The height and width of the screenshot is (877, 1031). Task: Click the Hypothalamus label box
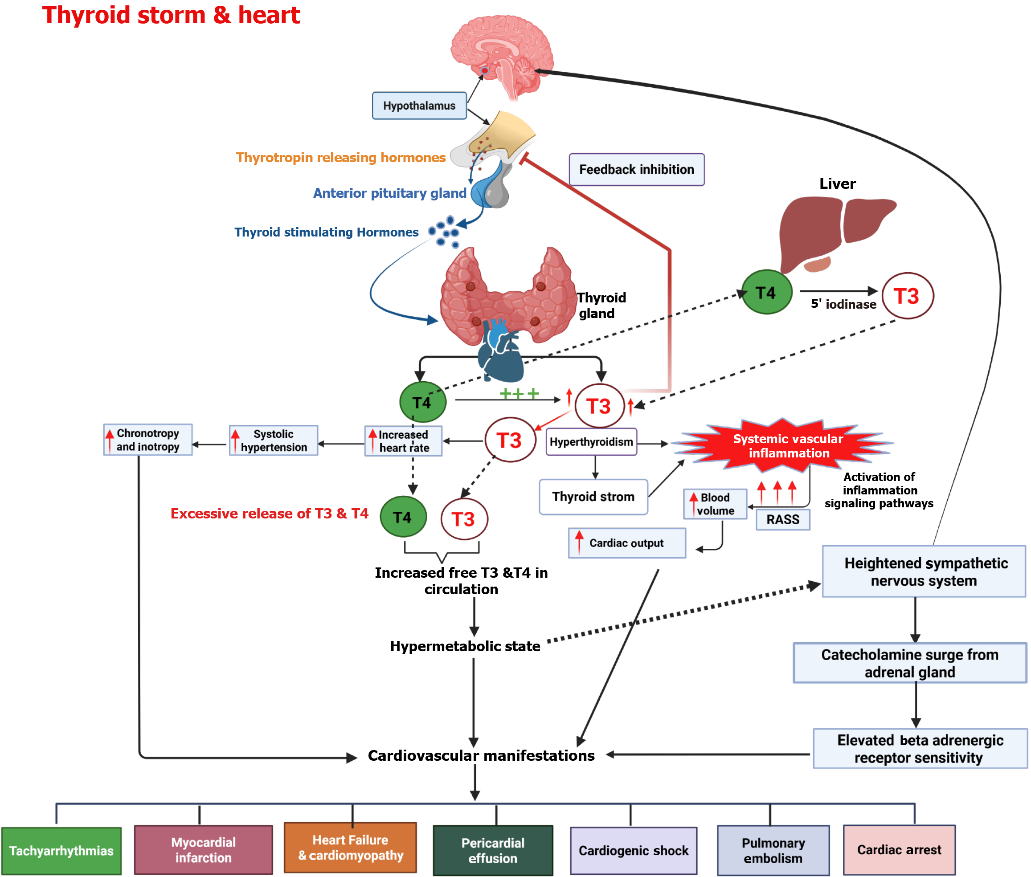[419, 106]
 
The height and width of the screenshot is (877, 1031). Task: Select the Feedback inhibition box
[636, 170]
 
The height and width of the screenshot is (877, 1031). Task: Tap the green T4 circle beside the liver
[766, 292]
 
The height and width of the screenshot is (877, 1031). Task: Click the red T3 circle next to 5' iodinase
[907, 296]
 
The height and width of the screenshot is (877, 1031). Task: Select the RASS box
[782, 519]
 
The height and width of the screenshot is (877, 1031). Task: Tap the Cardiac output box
[626, 543]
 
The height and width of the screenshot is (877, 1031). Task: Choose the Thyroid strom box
[593, 497]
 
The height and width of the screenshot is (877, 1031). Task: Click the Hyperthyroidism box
[591, 442]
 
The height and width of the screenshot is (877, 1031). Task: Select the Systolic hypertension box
[273, 441]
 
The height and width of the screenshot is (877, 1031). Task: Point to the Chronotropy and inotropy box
[148, 440]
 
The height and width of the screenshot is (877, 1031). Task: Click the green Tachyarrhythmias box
[61, 851]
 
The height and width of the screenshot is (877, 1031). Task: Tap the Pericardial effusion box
[492, 851]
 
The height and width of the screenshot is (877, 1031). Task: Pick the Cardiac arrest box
[899, 850]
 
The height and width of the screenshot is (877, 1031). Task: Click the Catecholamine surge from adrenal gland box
[909, 663]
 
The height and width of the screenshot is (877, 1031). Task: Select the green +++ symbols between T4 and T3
[519, 394]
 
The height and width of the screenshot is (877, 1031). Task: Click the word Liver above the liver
[837, 184]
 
